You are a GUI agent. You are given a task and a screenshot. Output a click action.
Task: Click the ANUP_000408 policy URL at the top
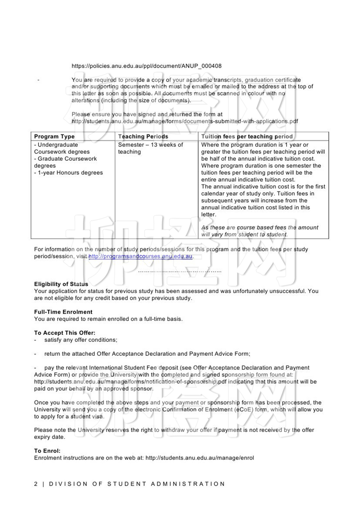point(146,66)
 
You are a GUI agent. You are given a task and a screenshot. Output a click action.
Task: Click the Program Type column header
point(54,136)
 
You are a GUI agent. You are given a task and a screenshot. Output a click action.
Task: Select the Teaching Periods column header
point(143,136)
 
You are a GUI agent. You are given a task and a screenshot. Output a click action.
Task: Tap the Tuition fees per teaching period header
point(247,136)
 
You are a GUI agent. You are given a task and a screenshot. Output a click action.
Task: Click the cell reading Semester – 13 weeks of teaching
point(150,148)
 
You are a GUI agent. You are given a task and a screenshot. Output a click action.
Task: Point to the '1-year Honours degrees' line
point(68,173)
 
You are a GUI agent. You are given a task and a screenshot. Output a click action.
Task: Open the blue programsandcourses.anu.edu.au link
point(140,256)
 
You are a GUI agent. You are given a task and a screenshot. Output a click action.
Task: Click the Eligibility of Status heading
point(61,284)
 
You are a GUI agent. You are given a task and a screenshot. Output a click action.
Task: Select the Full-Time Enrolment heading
point(63,312)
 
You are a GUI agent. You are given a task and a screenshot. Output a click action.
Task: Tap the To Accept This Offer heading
point(65,333)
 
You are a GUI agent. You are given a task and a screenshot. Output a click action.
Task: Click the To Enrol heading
point(47,451)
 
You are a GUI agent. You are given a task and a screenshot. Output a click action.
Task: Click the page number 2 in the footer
point(36,484)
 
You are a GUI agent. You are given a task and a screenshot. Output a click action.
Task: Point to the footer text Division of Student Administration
point(137,484)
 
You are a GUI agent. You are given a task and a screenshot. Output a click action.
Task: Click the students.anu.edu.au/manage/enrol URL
point(200,458)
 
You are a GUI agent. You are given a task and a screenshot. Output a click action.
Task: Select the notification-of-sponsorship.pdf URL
point(130,382)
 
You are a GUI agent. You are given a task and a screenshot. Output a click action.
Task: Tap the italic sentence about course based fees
point(259,231)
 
